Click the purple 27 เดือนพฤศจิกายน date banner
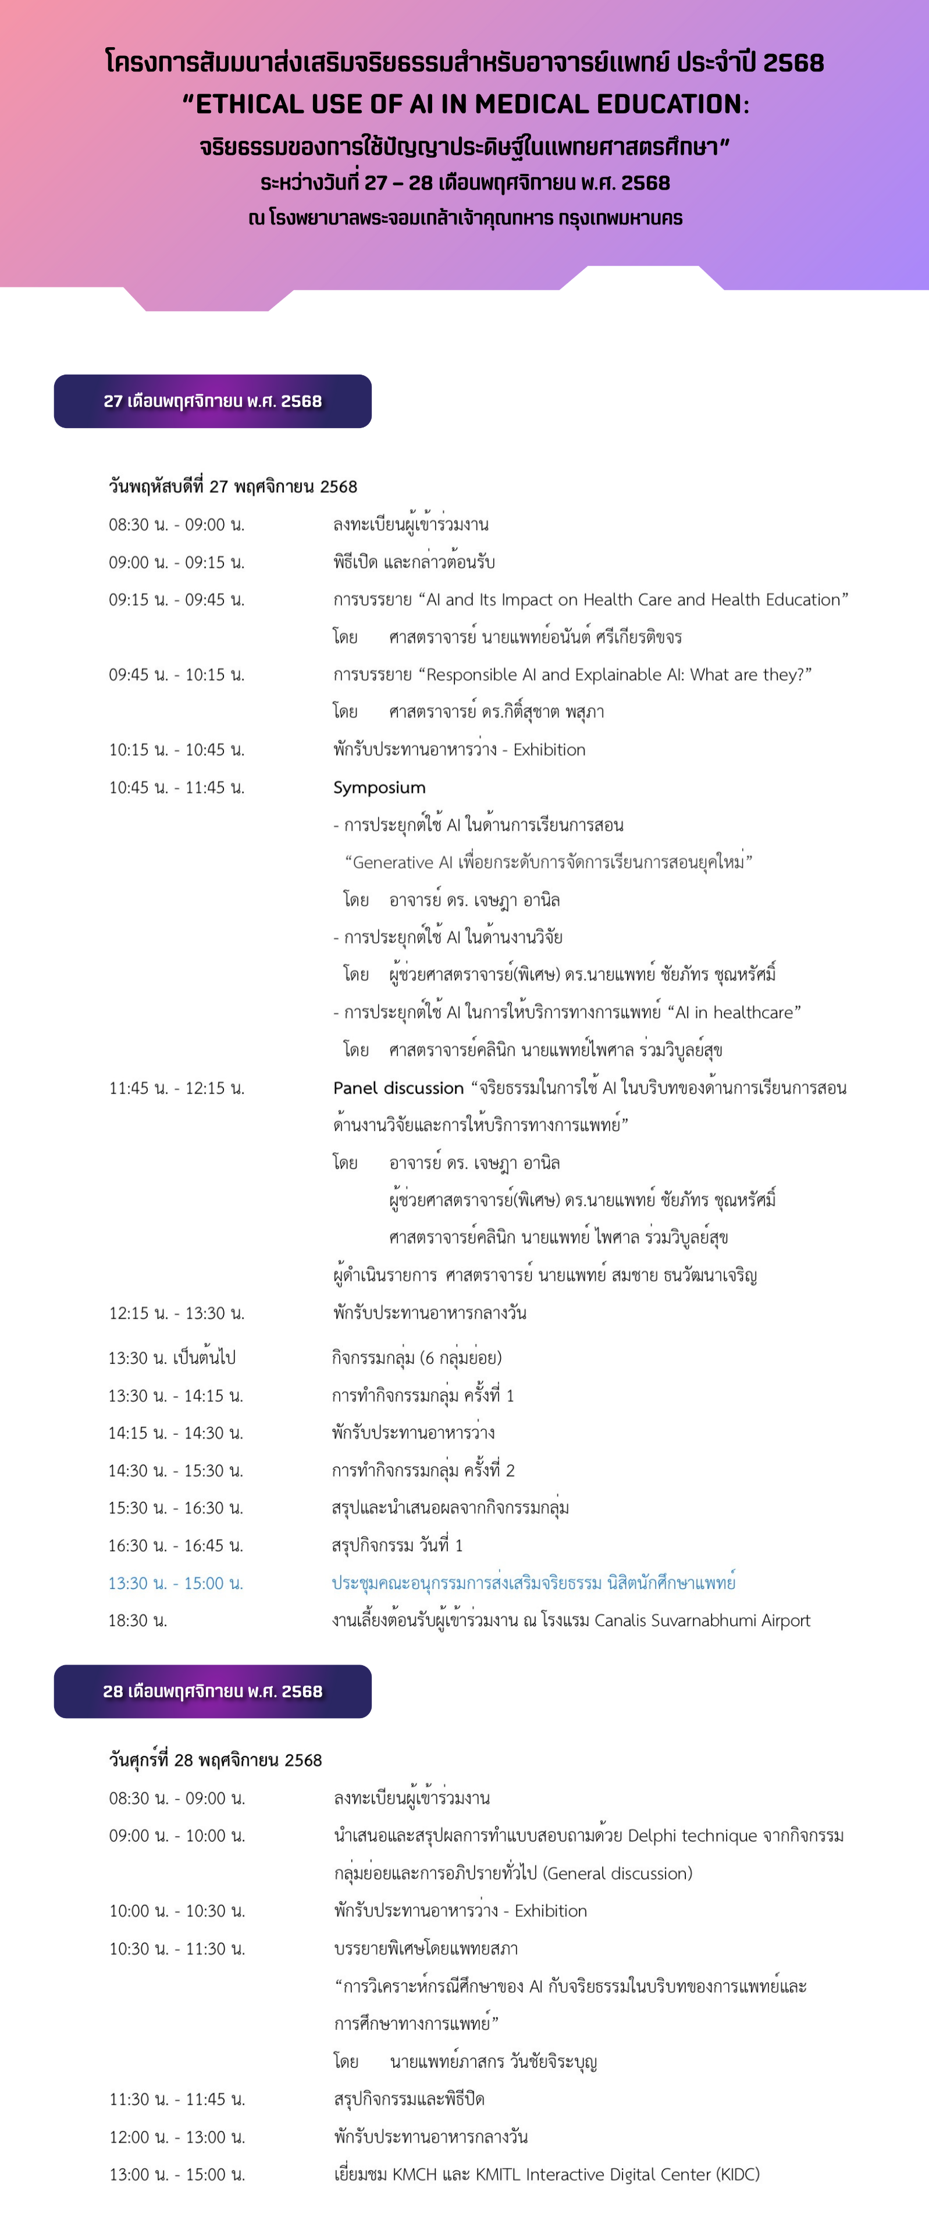pyautogui.click(x=213, y=401)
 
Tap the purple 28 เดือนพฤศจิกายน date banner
pyautogui.click(x=213, y=1691)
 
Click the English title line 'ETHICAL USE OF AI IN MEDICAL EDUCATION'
pyautogui.click(x=464, y=104)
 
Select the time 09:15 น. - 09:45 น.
pyautogui.click(x=176, y=599)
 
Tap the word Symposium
pyautogui.click(x=379, y=788)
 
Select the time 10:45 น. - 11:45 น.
pyautogui.click(x=176, y=788)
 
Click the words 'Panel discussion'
pyautogui.click(x=398, y=1088)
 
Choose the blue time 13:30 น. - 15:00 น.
pyautogui.click(x=175, y=1583)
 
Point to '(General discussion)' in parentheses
pyautogui.click(x=617, y=1873)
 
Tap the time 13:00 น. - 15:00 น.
pyautogui.click(x=177, y=2175)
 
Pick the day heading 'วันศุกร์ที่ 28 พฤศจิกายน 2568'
pyautogui.click(x=215, y=1759)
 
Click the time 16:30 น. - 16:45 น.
pyautogui.click(x=175, y=1546)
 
